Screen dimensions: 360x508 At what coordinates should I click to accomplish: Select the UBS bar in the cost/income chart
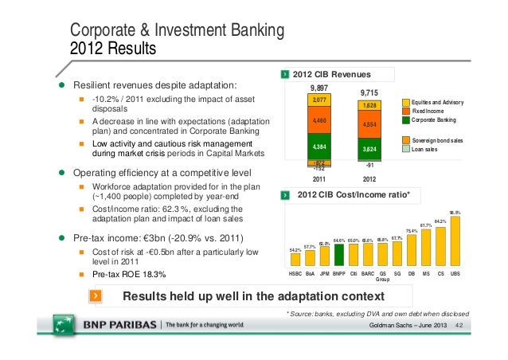455,241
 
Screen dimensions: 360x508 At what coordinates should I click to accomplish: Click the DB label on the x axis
412,275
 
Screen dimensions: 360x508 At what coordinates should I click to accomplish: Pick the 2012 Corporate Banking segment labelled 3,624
369,149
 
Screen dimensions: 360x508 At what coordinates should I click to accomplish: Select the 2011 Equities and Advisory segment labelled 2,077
318,100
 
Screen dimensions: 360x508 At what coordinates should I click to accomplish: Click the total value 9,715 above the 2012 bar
369,92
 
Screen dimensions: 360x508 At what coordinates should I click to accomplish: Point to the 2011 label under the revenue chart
318,178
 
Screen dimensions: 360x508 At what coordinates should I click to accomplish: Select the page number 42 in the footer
459,328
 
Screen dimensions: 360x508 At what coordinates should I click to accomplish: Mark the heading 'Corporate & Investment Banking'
178,32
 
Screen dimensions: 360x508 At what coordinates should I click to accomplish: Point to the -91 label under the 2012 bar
369,165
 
